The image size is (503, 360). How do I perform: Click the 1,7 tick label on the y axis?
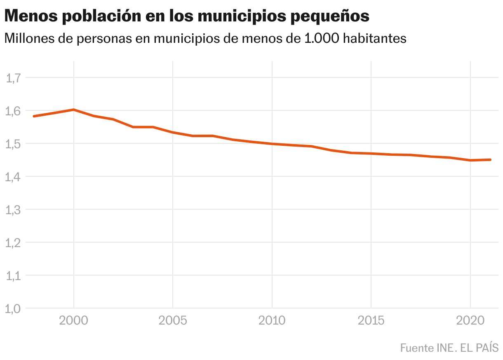click(13, 77)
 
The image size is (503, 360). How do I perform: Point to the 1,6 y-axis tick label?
click(13, 110)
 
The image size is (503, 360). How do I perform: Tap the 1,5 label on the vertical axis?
click(13, 143)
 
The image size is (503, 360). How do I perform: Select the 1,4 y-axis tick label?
click(13, 176)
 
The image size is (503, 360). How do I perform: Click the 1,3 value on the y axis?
click(13, 209)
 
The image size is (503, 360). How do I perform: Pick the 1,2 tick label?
click(13, 242)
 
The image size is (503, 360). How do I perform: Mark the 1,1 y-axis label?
click(13, 275)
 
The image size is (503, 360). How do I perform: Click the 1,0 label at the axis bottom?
click(13, 308)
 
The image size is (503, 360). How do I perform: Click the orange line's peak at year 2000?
click(74, 110)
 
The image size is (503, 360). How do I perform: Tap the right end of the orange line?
click(490, 159)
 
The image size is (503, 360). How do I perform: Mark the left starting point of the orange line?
click(34, 116)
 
